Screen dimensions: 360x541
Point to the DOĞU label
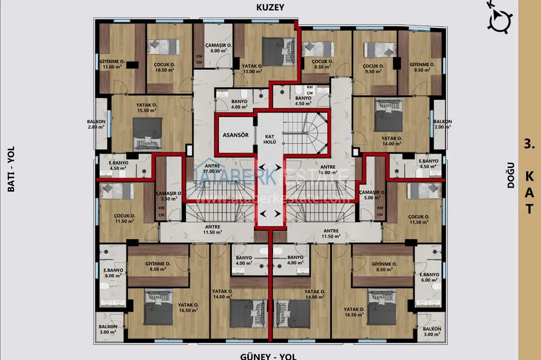point(510,180)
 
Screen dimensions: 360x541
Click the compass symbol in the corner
point(498,19)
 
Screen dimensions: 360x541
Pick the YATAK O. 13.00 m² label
point(253,69)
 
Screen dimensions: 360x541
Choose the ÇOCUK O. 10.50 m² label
point(165,68)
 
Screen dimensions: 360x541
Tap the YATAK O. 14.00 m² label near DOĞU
point(393,141)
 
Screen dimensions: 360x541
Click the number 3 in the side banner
point(528,143)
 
